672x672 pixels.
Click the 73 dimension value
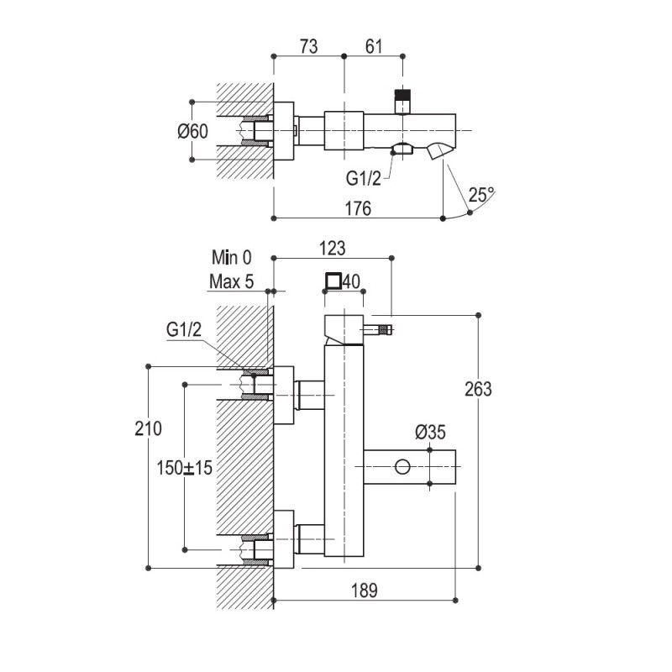(x=308, y=46)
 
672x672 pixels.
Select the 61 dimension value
(x=374, y=46)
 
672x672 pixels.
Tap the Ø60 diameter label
(x=193, y=131)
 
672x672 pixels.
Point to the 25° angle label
(x=481, y=195)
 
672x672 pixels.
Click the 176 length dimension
(x=358, y=208)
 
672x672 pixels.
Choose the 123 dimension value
(x=333, y=248)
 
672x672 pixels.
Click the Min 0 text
(x=232, y=258)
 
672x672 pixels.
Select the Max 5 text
(x=232, y=281)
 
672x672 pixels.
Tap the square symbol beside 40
(x=333, y=281)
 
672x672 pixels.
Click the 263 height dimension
(x=478, y=389)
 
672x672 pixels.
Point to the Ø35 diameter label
(x=430, y=432)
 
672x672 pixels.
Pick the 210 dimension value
(x=149, y=428)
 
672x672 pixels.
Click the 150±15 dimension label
(x=184, y=468)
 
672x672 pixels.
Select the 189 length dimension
(x=365, y=591)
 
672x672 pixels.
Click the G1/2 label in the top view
(x=364, y=178)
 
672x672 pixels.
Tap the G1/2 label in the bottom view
(x=184, y=329)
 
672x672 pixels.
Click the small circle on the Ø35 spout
(x=402, y=467)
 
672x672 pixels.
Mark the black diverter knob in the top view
(x=402, y=95)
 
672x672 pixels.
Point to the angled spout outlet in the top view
(x=439, y=152)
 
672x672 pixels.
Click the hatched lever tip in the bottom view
(x=385, y=330)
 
